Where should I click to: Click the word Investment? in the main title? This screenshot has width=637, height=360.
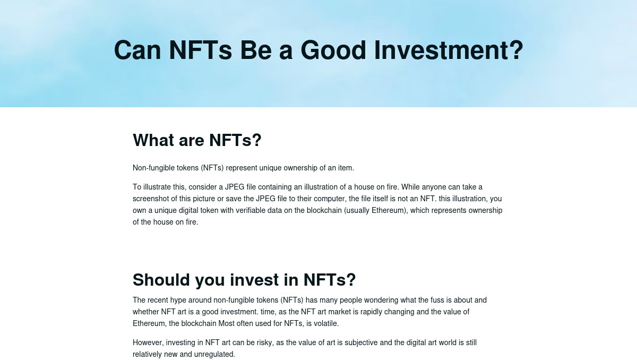[x=449, y=50]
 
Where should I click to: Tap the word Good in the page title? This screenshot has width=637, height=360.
[x=333, y=50]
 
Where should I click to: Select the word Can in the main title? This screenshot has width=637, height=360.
[x=137, y=50]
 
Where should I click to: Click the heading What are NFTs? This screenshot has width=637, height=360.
[x=197, y=140]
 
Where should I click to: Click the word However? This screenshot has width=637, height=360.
[x=148, y=342]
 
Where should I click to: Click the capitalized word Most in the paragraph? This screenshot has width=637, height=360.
[x=226, y=323]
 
